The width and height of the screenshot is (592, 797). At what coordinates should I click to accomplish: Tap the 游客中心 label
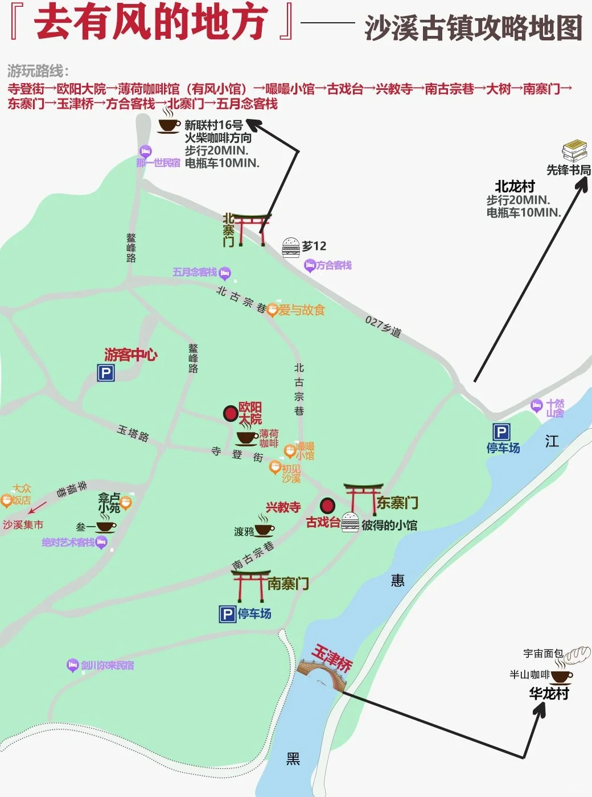coord(131,355)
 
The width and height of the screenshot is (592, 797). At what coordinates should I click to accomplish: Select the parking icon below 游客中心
coord(106,373)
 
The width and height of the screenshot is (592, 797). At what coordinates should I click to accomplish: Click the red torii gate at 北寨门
coord(251,229)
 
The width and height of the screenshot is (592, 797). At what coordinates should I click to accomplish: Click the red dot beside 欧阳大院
coord(231,413)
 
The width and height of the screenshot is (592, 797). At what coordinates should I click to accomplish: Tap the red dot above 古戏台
coord(327,505)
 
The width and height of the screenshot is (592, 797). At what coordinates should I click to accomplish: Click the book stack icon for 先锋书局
coord(574,151)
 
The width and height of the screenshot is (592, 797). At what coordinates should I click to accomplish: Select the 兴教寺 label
coord(283,507)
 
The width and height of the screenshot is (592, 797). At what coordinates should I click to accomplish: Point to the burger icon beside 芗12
coord(291,248)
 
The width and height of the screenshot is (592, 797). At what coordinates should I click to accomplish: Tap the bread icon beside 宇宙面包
coord(577,654)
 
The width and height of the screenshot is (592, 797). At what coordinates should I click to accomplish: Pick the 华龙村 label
coord(549,693)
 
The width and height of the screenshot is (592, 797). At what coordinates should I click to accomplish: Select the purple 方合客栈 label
coord(334,265)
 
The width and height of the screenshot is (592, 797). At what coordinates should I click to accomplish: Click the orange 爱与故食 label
coord(301,310)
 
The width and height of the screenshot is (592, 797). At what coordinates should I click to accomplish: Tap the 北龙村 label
coord(515,186)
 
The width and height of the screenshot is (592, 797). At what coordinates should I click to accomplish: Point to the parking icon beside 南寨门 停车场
coord(227,614)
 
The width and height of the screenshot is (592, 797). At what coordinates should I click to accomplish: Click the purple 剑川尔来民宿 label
coord(107,665)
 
